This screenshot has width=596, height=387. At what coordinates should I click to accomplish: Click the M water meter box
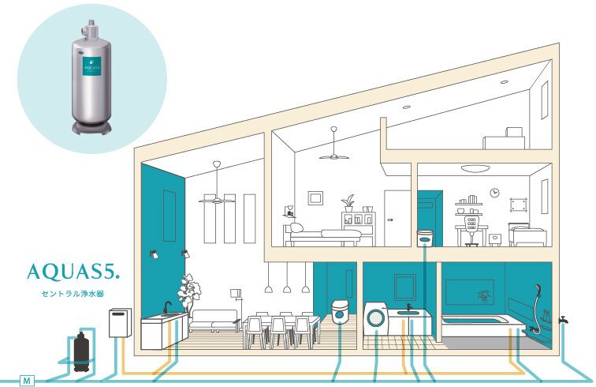(x=27, y=381)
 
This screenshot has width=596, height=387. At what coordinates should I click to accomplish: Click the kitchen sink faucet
(x=166, y=306)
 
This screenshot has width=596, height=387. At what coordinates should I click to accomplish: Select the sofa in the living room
(x=214, y=320)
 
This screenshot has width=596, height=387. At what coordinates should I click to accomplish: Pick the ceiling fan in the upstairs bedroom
(x=334, y=153)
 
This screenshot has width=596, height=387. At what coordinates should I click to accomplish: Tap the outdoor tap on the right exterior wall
(x=564, y=320)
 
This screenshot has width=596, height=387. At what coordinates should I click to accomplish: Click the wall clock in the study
(x=494, y=192)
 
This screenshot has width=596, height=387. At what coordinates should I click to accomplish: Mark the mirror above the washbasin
(x=405, y=287)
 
